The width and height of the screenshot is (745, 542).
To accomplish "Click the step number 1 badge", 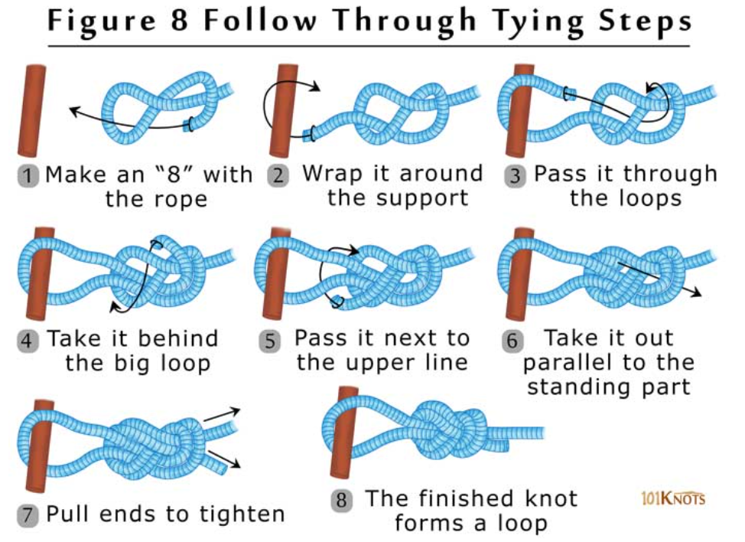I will pos(28,176).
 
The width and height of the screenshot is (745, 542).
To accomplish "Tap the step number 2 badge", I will pos(278,175).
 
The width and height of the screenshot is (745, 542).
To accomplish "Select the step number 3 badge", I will pos(516,176).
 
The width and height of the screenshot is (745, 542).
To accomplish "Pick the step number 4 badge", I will pos(28,340).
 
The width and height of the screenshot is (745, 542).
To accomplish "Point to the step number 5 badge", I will pos(269,340).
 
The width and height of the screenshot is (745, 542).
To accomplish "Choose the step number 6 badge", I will pos(512,340).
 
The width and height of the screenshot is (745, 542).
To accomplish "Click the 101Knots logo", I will pos(672,499).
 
